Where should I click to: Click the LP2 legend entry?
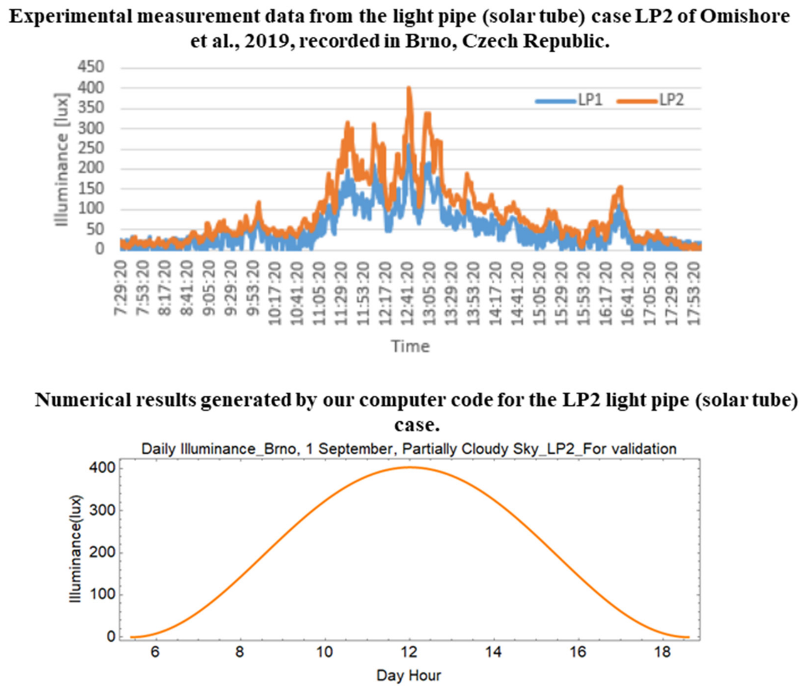tap(651, 100)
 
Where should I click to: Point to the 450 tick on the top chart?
tap(91, 67)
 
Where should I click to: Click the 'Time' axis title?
tap(410, 346)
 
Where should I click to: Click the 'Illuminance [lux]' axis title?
tap(62, 159)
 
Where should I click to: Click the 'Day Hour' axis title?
tap(408, 675)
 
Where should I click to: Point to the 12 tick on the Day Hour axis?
tap(409, 651)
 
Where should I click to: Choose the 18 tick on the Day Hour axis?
tap(663, 651)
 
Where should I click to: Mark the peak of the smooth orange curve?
tap(409, 467)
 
